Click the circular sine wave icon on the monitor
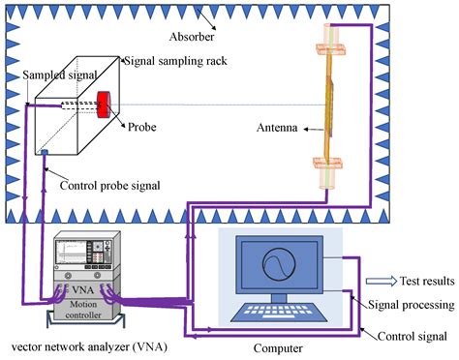coord(270,264)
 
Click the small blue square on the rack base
coord(44,152)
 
